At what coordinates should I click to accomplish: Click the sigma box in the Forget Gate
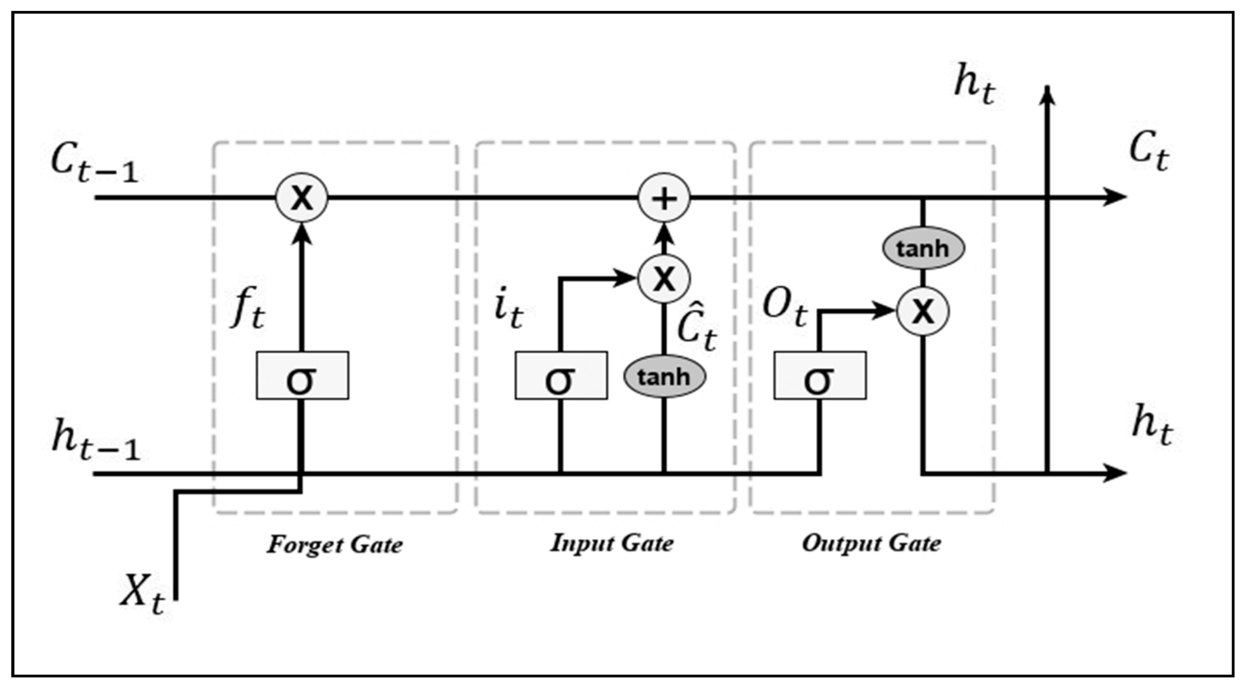click(302, 375)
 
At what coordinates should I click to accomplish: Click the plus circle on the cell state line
click(664, 198)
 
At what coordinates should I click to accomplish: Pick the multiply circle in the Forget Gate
click(302, 198)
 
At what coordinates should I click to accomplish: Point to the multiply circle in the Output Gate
click(923, 311)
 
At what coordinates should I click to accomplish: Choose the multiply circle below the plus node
click(664, 278)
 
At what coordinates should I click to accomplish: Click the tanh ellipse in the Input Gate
click(664, 376)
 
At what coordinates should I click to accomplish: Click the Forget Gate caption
click(335, 545)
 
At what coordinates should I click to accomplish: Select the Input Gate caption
click(612, 543)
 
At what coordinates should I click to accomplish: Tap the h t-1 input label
click(95, 439)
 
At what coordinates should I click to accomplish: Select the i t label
click(508, 311)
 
